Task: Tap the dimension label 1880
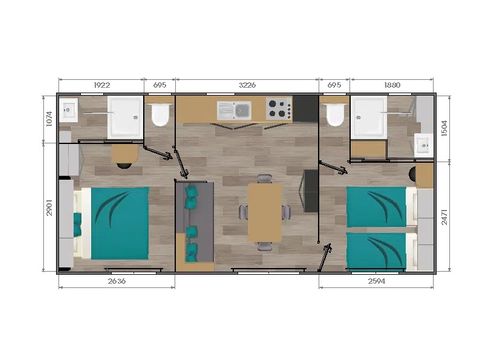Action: pos(391,85)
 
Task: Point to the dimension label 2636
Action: pos(117,282)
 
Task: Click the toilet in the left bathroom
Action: pos(159,116)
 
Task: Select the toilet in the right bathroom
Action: pos(335,116)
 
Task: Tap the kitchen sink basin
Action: pos(243,109)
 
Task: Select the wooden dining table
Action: pos(264,211)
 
